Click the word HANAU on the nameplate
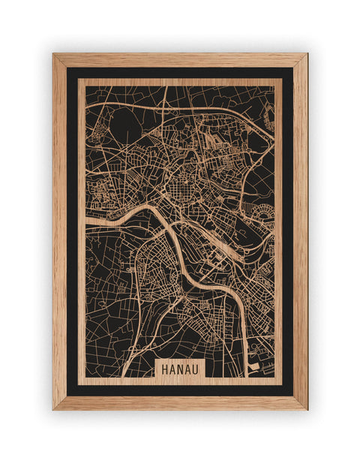(179, 369)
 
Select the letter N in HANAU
(179, 369)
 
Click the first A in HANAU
(172, 369)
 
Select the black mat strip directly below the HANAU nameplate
(179, 389)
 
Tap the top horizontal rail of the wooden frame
(180, 60)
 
